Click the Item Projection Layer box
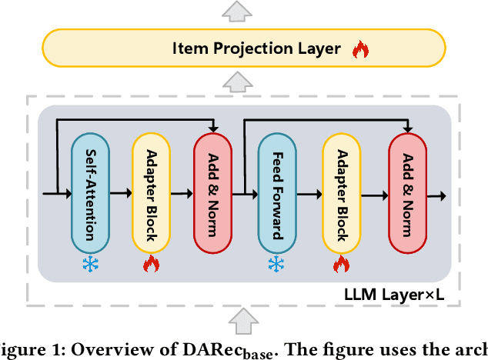coord(244,48)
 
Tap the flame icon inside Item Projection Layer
coord(360,49)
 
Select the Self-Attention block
coord(90,192)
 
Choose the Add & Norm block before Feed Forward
coord(213,192)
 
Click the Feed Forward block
coord(276,192)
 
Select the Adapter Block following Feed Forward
coord(341,192)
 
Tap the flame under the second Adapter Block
coord(341,265)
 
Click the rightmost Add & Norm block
coord(407,192)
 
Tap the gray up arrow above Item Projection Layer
coord(243,8)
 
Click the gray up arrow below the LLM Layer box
coord(244,320)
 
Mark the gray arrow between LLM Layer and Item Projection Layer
coord(243,83)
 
